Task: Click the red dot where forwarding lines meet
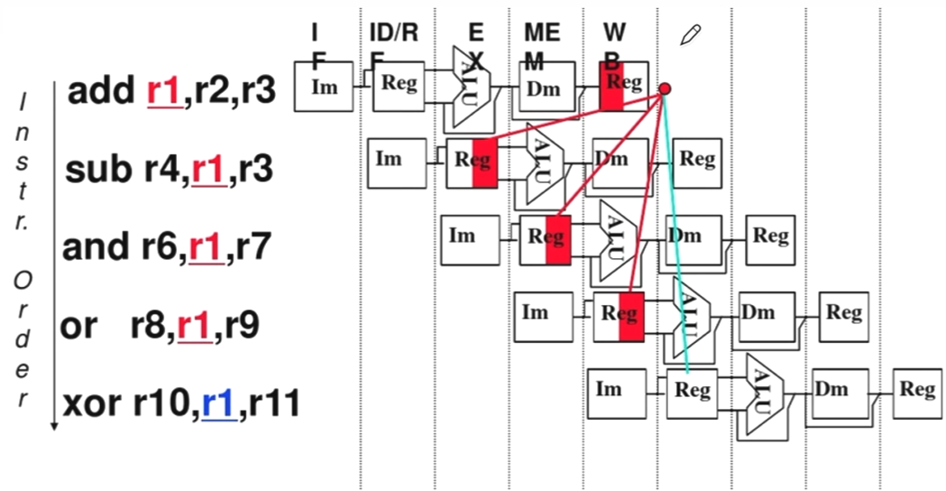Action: point(665,88)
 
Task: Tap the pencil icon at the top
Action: point(691,35)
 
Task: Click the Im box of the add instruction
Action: point(323,87)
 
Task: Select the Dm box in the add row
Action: point(544,88)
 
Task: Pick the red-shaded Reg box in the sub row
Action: point(473,162)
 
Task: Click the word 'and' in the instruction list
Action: point(93,245)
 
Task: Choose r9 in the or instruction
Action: point(242,324)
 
